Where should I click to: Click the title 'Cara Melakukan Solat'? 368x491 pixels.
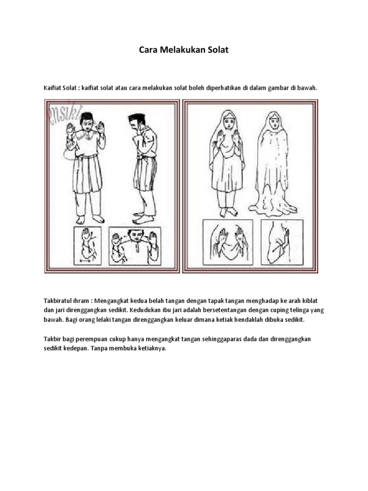tap(184, 49)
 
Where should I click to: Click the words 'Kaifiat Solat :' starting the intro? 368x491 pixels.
tap(61, 88)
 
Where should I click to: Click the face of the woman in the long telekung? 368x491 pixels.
tap(274, 122)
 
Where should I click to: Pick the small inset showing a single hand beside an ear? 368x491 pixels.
tap(87, 245)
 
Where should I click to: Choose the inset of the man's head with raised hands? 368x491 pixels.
tap(135, 245)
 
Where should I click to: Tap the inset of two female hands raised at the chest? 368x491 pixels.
tap(228, 242)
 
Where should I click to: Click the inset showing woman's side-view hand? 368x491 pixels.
tap(282, 242)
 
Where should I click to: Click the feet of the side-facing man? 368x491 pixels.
tap(143, 218)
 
